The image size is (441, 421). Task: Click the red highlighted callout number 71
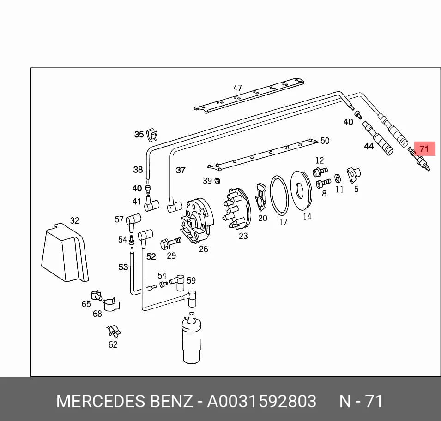point(424,148)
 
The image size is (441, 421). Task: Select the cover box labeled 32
point(65,253)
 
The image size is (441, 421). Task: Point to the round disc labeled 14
point(301,190)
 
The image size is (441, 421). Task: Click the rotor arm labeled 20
point(261,197)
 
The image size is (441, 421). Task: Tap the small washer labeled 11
point(338,178)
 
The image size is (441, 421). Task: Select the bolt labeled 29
point(170,243)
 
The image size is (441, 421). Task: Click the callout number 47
point(237,88)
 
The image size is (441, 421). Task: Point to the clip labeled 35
point(152,135)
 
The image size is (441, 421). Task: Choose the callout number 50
point(325,141)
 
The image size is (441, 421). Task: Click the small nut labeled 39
point(217,181)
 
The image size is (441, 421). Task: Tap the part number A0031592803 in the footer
point(261,401)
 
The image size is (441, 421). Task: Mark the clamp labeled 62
point(114,332)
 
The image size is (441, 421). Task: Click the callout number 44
point(369,146)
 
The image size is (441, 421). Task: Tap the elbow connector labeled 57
point(133,221)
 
